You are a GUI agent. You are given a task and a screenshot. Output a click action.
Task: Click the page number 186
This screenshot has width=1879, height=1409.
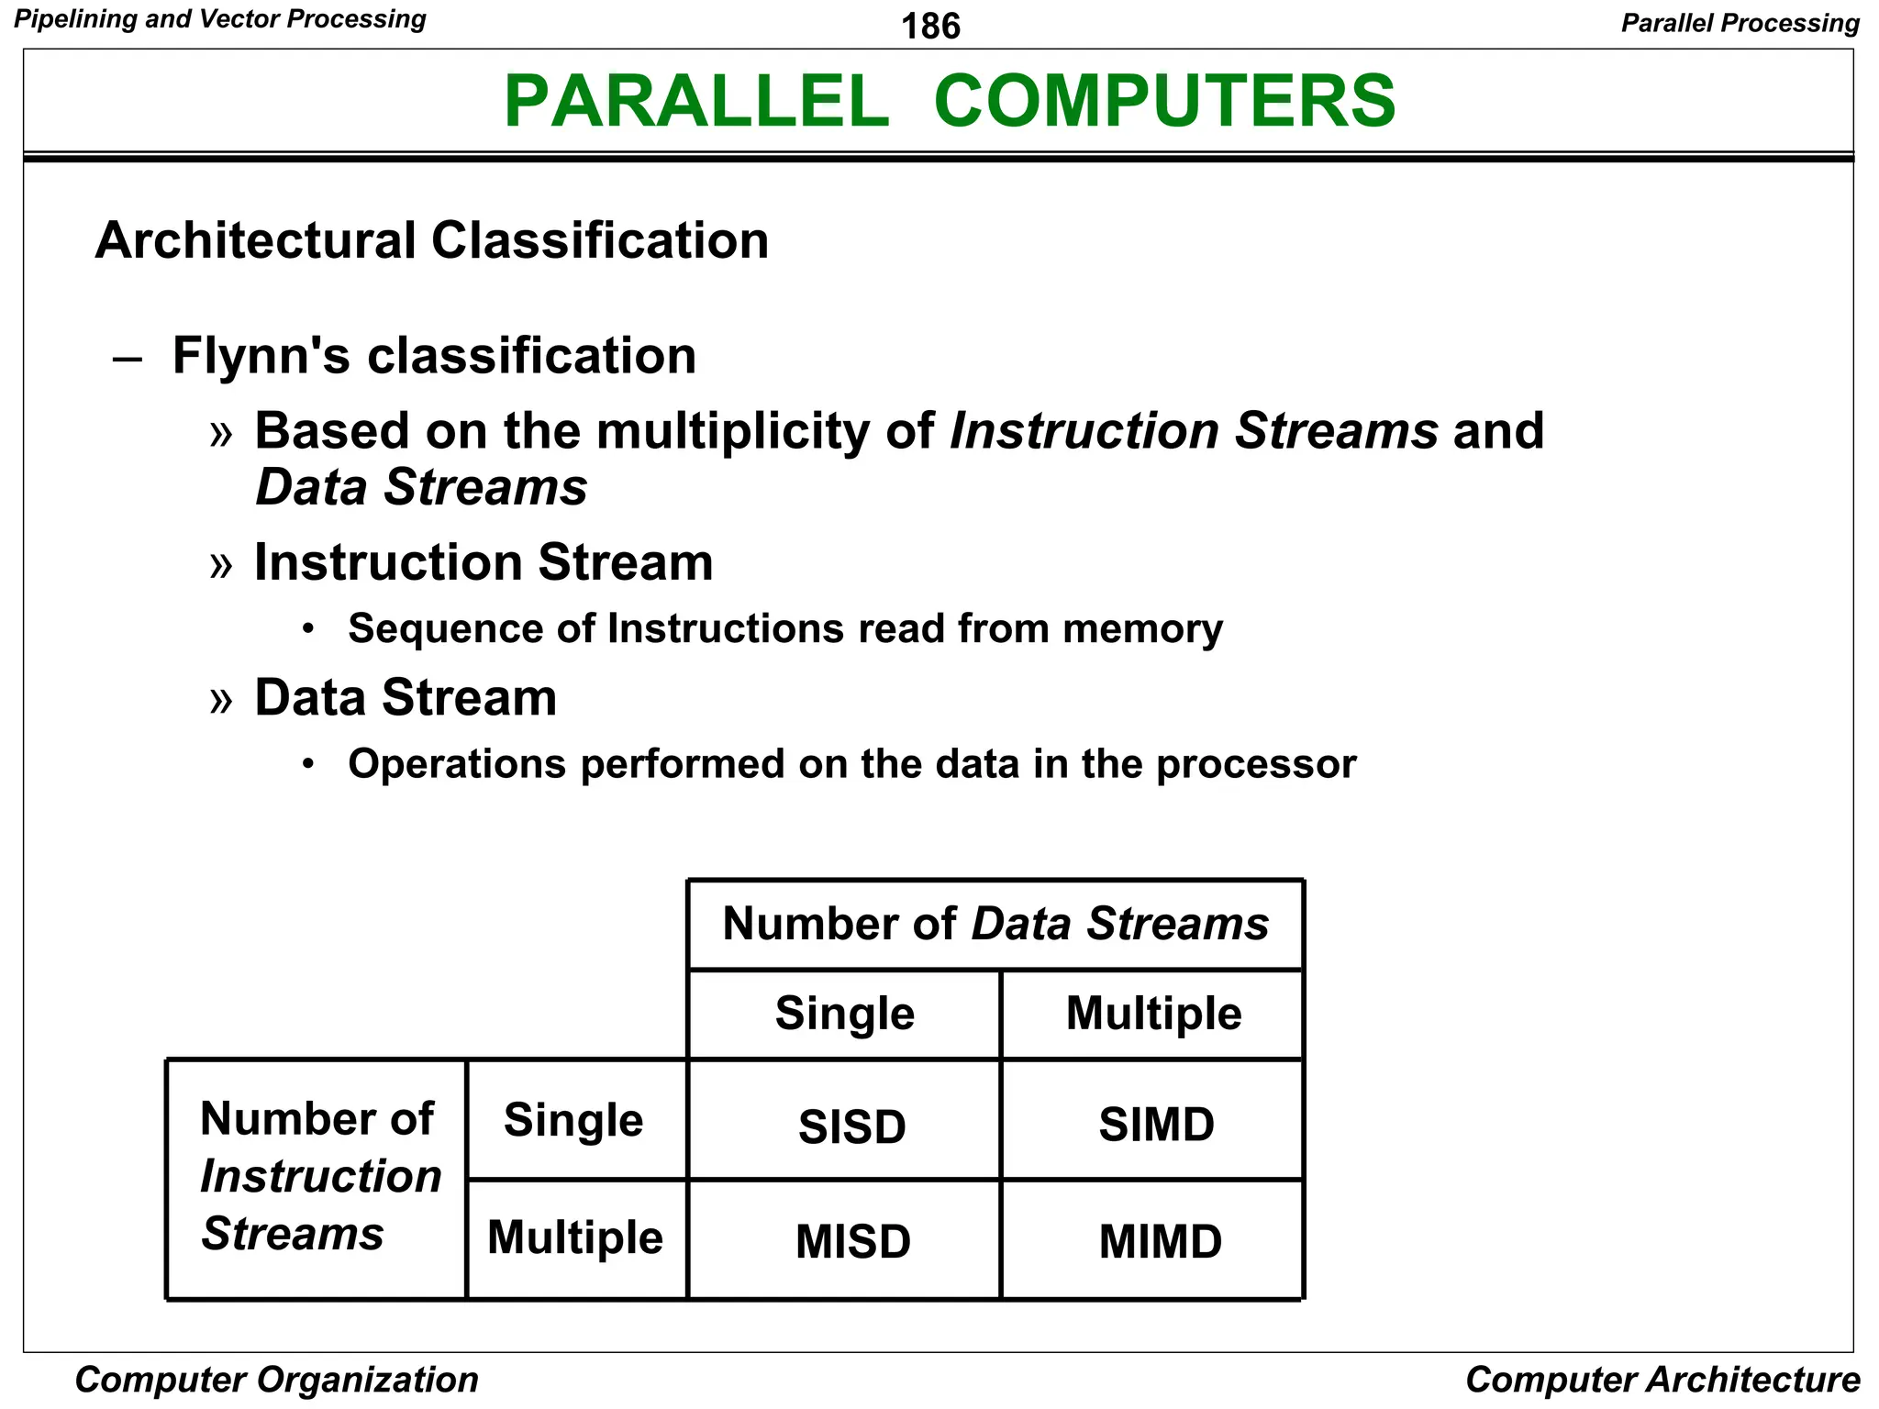point(930,26)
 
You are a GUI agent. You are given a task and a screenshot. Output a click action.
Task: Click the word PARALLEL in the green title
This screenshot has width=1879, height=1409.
point(696,101)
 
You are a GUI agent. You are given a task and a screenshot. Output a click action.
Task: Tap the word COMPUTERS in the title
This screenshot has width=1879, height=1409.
point(1164,101)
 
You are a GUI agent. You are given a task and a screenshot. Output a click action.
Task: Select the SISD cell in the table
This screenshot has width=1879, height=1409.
point(851,1126)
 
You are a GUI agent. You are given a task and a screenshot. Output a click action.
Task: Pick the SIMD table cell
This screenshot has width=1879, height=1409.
point(1156,1124)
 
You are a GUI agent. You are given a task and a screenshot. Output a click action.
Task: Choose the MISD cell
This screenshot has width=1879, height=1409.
point(852,1241)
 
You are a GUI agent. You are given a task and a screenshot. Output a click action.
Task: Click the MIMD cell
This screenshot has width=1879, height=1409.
point(1160,1241)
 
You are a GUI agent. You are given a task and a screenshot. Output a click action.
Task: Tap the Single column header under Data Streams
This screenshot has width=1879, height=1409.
point(844,1014)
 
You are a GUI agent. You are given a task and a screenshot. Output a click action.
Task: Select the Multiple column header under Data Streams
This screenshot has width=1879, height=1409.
point(1153,1014)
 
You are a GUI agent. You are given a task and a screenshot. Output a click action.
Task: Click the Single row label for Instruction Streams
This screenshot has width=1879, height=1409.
point(573,1120)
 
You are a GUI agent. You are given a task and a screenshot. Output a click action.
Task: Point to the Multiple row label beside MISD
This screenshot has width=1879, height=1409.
point(575,1237)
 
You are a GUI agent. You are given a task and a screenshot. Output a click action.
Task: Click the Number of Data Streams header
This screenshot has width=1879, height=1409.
point(995,924)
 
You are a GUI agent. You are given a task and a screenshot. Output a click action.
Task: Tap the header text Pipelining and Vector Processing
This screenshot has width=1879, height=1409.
point(220,19)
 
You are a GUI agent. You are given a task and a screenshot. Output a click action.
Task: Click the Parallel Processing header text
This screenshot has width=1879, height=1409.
point(1740,23)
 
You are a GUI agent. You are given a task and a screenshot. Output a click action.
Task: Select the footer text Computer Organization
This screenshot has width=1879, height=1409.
point(276,1380)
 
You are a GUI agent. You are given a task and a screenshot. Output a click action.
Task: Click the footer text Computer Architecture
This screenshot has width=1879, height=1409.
point(1662,1380)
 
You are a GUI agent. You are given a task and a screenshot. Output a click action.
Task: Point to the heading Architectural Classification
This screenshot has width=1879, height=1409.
point(431,240)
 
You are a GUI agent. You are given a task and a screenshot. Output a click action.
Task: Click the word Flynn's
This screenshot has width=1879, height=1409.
point(261,355)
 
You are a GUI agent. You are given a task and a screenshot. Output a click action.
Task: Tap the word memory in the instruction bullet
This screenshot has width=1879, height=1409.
point(1142,629)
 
